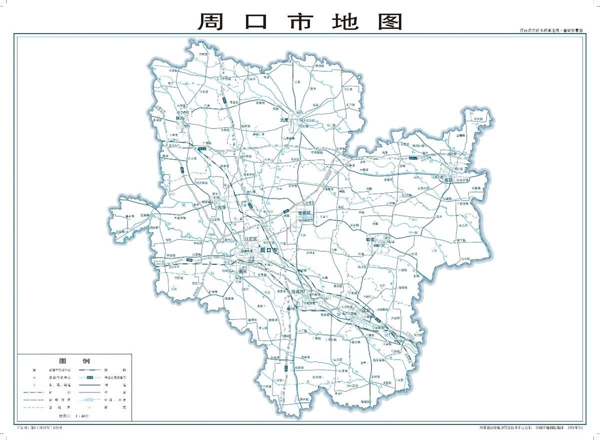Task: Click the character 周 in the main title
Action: click(x=211, y=22)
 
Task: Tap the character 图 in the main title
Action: click(x=389, y=22)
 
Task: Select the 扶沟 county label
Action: click(x=180, y=118)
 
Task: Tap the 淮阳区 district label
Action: click(x=304, y=213)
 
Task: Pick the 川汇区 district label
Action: click(x=248, y=240)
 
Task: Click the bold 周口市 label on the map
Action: click(x=268, y=250)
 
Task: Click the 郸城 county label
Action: click(x=373, y=240)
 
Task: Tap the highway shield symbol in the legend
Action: click(x=89, y=377)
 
